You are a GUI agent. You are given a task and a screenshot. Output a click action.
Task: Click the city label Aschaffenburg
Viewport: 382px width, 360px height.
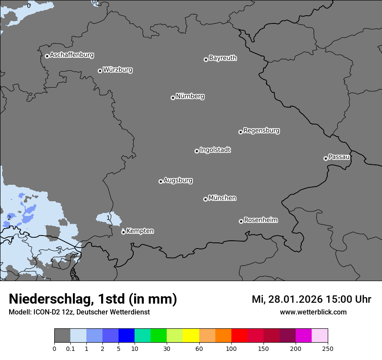tap(72, 55)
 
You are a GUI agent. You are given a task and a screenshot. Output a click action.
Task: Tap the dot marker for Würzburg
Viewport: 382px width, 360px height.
tap(100, 71)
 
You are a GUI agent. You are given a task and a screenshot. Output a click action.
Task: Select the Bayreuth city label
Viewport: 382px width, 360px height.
tap(223, 58)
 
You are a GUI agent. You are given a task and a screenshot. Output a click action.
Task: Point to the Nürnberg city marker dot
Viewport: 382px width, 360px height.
tap(173, 98)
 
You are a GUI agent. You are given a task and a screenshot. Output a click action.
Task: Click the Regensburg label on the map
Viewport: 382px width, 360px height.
tap(261, 131)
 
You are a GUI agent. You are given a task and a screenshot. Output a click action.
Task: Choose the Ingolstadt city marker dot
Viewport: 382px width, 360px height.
tap(197, 151)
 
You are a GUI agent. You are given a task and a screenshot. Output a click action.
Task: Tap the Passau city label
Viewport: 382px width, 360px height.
tap(339, 157)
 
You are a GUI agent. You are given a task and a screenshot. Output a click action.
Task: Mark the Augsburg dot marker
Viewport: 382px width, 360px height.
tap(161, 181)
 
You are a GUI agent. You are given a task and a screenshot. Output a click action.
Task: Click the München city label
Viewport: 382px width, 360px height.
tap(222, 198)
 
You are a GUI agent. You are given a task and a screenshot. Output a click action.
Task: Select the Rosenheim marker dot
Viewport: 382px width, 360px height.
tap(241, 222)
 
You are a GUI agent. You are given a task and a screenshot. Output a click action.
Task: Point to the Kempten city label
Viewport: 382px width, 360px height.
tap(140, 231)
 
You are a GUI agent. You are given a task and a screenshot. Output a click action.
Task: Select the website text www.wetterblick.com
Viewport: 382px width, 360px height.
tap(313, 312)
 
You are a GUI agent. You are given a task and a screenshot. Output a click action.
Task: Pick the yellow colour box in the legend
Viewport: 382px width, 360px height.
tap(191, 336)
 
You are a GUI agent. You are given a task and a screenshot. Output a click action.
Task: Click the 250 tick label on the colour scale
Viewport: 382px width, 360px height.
tap(328, 348)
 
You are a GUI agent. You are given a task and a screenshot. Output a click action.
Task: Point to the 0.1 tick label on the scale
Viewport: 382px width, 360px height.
tap(70, 348)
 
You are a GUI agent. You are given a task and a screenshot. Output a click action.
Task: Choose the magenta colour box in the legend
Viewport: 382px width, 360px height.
tap(303, 336)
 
